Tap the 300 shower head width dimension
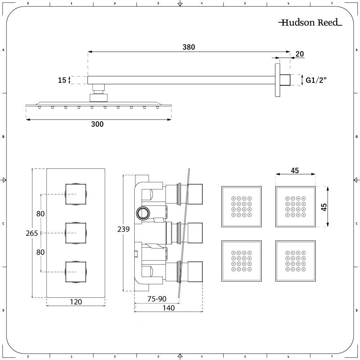click(x=97, y=124)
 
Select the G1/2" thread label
click(x=316, y=80)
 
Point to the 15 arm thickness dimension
click(x=62, y=80)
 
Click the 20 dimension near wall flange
click(x=299, y=54)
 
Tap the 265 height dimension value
click(x=32, y=233)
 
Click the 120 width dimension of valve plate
click(x=76, y=302)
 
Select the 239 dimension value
click(x=123, y=229)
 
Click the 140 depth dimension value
click(x=168, y=308)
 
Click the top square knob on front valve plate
click(x=76, y=194)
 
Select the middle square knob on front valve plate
click(x=76, y=233)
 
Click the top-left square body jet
click(x=241, y=207)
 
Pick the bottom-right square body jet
click(x=296, y=261)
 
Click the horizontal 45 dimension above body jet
click(x=295, y=171)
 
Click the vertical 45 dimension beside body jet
click(x=324, y=207)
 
